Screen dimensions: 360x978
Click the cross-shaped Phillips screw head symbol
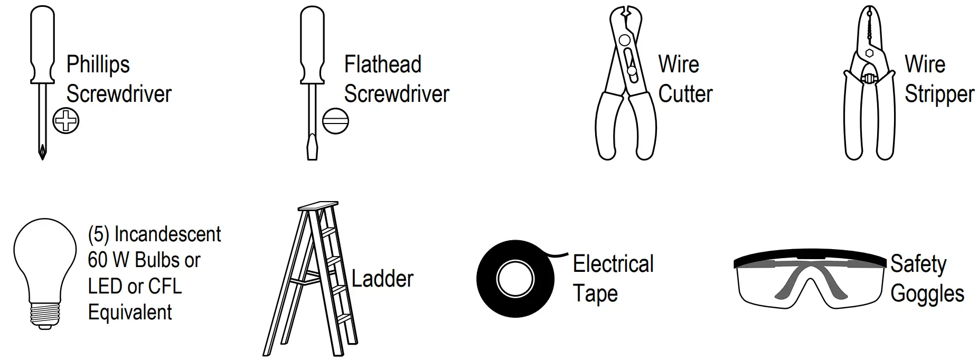[x=66, y=120]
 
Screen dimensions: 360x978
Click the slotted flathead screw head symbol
[x=335, y=121]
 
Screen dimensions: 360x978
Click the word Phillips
[x=98, y=65]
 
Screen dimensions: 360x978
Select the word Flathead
[x=382, y=65]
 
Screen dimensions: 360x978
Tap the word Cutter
[x=685, y=94]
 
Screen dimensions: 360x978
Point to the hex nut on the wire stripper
[x=869, y=52]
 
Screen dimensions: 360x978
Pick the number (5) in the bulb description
[x=99, y=234]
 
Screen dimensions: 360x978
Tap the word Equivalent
[x=129, y=312]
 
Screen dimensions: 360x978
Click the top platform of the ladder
[x=318, y=205]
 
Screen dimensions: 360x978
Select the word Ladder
[x=382, y=279]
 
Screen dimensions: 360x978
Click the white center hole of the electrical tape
[x=515, y=278]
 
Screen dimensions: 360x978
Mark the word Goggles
[x=927, y=294]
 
